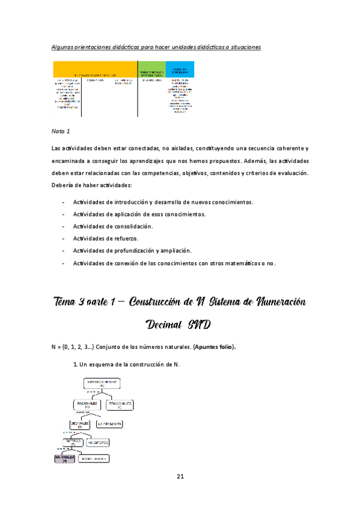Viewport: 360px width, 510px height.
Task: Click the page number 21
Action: tap(180, 477)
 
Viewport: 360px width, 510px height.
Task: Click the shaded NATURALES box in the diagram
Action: tap(66, 458)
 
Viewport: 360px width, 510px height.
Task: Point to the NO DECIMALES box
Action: tap(109, 424)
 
